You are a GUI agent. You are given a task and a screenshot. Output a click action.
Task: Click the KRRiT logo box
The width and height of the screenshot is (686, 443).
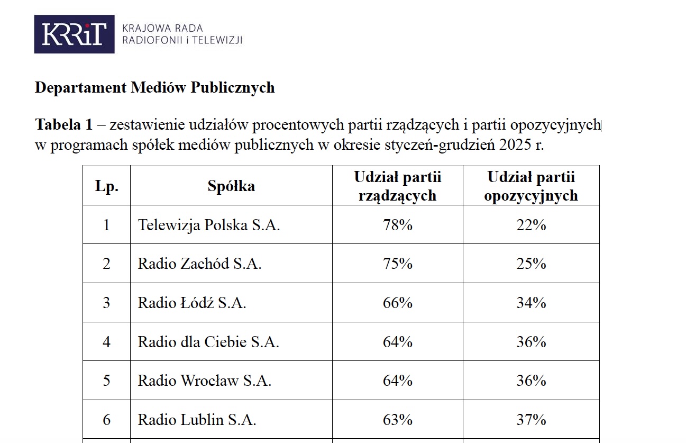pos(74,34)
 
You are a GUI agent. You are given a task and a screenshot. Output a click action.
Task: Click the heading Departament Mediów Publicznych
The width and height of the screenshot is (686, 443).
pos(154,87)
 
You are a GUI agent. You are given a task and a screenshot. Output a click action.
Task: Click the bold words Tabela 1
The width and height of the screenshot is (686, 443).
pos(63,125)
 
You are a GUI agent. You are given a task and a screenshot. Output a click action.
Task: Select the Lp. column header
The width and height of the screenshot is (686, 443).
pos(106,186)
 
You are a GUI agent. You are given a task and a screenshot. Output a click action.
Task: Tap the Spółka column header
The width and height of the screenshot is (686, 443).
pos(231,186)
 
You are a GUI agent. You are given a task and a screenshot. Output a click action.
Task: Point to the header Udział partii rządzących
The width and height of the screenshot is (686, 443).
pos(397,186)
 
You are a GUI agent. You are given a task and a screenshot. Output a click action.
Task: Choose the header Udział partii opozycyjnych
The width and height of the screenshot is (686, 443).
pos(531,186)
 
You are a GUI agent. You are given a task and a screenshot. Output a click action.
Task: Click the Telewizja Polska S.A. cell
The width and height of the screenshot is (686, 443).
pos(209,225)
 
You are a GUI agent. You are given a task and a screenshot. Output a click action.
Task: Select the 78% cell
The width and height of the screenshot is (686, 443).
pos(397,225)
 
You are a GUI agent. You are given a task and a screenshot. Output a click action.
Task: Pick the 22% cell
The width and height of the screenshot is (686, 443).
pos(531,225)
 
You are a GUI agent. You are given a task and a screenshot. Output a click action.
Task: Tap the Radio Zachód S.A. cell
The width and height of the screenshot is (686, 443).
pos(199,264)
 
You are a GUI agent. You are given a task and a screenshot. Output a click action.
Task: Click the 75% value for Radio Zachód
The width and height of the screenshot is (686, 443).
pos(397,264)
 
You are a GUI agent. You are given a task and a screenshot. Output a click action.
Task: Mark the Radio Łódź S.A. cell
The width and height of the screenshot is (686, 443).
pos(192,303)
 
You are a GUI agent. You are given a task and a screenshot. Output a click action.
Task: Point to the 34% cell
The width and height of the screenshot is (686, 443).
pos(531,303)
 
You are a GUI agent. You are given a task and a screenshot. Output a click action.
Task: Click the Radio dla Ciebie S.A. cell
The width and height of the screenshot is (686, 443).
pos(208,342)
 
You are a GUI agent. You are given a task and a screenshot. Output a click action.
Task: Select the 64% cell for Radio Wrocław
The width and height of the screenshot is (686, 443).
pos(397,381)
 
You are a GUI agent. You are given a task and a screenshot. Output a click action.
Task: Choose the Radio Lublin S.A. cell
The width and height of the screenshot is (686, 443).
pos(197,420)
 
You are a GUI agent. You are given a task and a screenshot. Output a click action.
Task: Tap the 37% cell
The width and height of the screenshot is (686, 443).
pos(531,420)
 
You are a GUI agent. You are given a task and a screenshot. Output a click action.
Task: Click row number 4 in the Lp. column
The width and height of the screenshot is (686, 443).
pos(106,342)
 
